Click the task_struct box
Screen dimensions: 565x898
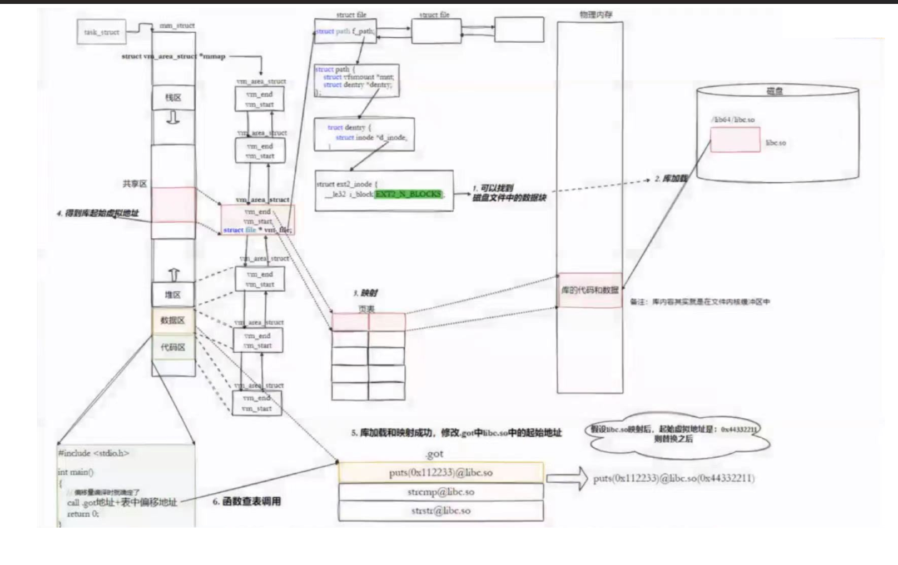point(101,32)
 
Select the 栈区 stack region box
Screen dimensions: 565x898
point(173,98)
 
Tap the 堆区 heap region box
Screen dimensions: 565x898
point(173,294)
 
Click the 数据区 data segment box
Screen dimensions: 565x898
point(173,321)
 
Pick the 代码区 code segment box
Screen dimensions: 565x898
point(173,347)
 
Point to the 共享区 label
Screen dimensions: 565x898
point(135,184)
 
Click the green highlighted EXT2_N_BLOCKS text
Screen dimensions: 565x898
point(409,194)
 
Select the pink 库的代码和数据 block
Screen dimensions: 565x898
point(589,289)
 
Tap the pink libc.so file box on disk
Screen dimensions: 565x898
point(735,139)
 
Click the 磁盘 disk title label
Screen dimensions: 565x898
point(774,91)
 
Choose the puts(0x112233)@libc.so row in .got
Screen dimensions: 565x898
point(440,473)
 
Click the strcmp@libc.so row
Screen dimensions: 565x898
point(440,492)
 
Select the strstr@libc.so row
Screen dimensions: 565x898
point(440,511)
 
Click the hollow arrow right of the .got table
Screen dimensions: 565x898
point(567,478)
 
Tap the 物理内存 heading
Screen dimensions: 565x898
point(596,15)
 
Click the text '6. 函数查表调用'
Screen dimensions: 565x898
point(246,502)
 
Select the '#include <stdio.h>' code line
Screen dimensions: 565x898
point(93,453)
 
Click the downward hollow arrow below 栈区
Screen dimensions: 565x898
point(173,118)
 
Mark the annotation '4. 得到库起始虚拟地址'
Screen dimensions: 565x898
point(97,213)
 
